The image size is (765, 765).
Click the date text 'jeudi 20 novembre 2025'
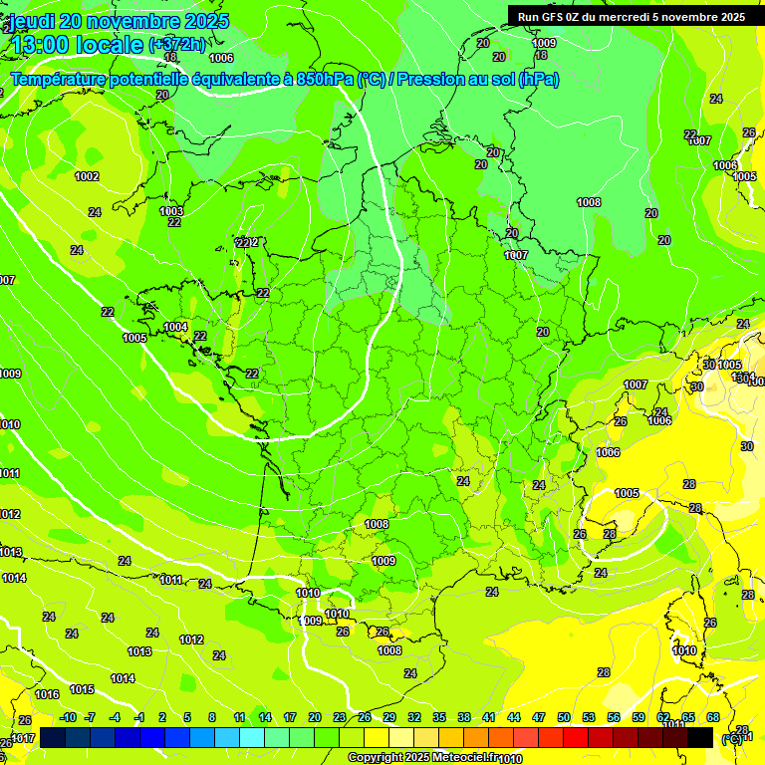pyautogui.click(x=120, y=21)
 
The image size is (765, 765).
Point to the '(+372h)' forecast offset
pyautogui.click(x=177, y=45)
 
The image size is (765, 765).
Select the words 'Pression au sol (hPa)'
pyautogui.click(x=477, y=80)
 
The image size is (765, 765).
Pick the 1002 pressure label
pyautogui.click(x=87, y=176)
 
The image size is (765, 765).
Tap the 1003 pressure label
pyautogui.click(x=171, y=211)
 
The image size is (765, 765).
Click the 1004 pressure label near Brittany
pyautogui.click(x=175, y=327)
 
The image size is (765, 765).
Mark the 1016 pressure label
pyautogui.click(x=47, y=694)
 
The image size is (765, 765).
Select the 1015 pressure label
pyautogui.click(x=82, y=689)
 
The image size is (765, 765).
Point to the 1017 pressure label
pyautogui.click(x=23, y=738)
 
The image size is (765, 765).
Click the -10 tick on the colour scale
pyautogui.click(x=69, y=717)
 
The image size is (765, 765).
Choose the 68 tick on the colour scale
pyautogui.click(x=713, y=717)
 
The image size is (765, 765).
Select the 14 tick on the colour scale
pyautogui.click(x=265, y=717)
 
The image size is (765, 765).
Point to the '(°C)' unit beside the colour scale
pyautogui.click(x=731, y=738)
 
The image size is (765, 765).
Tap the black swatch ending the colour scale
pyautogui.click(x=700, y=737)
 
